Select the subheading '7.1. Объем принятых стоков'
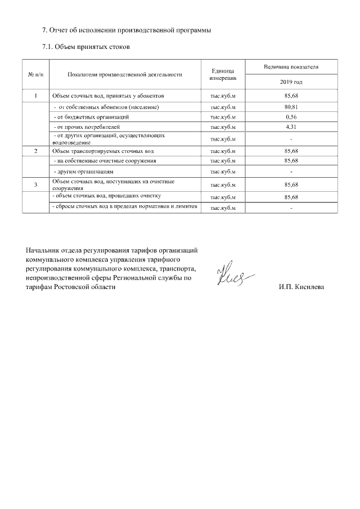[x=86, y=47]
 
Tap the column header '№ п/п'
[x=35, y=74]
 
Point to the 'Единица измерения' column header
[x=222, y=74]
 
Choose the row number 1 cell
[x=35, y=96]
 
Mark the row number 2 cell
[x=35, y=151]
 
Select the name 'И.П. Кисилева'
[x=301, y=287]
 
